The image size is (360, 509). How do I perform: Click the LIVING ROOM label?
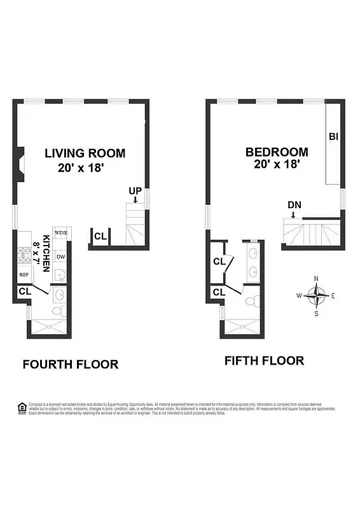pos(85,153)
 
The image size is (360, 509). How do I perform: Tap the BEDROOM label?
pos(277,152)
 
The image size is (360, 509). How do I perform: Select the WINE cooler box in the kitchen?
pos(60,234)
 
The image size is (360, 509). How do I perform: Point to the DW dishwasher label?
pos(60,256)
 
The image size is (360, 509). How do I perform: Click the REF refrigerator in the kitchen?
pos(24,275)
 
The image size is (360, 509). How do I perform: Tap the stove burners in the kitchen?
pos(24,254)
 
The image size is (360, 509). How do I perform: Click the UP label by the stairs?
pos(135,191)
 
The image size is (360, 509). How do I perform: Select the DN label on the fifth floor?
pos(294,205)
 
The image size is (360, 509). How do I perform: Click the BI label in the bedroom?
pos(333,136)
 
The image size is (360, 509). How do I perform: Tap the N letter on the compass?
pos(317,278)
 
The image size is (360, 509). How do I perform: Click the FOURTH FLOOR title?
pos(70,365)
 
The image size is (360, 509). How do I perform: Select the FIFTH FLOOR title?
pos(264,361)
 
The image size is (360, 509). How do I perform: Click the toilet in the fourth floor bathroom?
pos(59,310)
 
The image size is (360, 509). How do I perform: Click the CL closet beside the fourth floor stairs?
pos(100,237)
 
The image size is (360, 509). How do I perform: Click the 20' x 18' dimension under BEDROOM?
pos(277,165)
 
